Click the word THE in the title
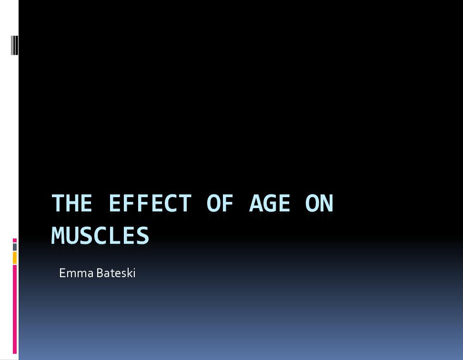[x=72, y=203]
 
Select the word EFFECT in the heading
[x=151, y=203]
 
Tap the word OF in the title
[x=220, y=203]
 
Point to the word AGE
[x=270, y=203]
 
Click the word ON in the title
[x=319, y=203]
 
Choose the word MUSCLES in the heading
[x=101, y=235]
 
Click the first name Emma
[x=77, y=273]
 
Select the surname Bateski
[x=116, y=273]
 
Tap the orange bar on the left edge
[x=15, y=258]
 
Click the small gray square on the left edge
[x=15, y=247]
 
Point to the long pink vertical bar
[x=15, y=309]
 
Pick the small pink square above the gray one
[x=15, y=240]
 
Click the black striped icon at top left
[x=14, y=45]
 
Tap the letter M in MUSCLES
[x=58, y=235]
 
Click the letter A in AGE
[x=256, y=203]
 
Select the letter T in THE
[x=58, y=203]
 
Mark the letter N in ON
[x=327, y=203]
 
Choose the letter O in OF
[x=213, y=203]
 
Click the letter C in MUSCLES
[x=101, y=235]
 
